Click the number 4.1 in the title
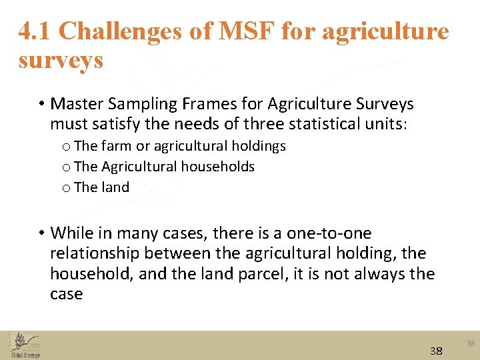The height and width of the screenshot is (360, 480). tap(35, 31)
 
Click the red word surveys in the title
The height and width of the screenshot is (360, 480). tap(61, 60)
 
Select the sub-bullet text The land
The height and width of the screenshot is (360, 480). tap(101, 187)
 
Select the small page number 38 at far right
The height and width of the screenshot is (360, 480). tap(471, 343)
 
